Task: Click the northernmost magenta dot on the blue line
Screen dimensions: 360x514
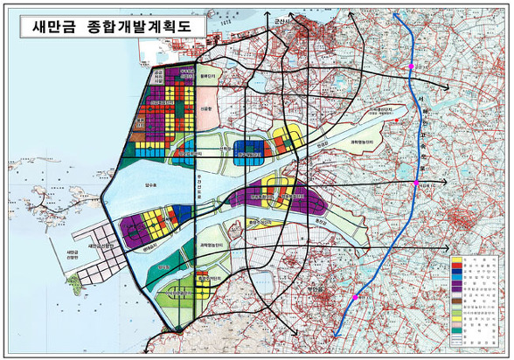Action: pyautogui.click(x=412, y=66)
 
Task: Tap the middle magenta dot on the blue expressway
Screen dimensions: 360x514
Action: pyautogui.click(x=417, y=183)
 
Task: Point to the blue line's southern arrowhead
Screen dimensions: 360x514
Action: pyautogui.click(x=337, y=335)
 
